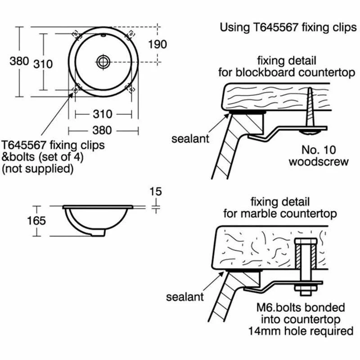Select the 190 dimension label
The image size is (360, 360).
(157, 44)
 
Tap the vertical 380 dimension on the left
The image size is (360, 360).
(19, 62)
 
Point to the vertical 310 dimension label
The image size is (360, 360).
(43, 64)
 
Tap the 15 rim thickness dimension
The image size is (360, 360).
(155, 192)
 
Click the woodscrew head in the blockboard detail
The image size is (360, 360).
(311, 131)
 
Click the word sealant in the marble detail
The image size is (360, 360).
(185, 297)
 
